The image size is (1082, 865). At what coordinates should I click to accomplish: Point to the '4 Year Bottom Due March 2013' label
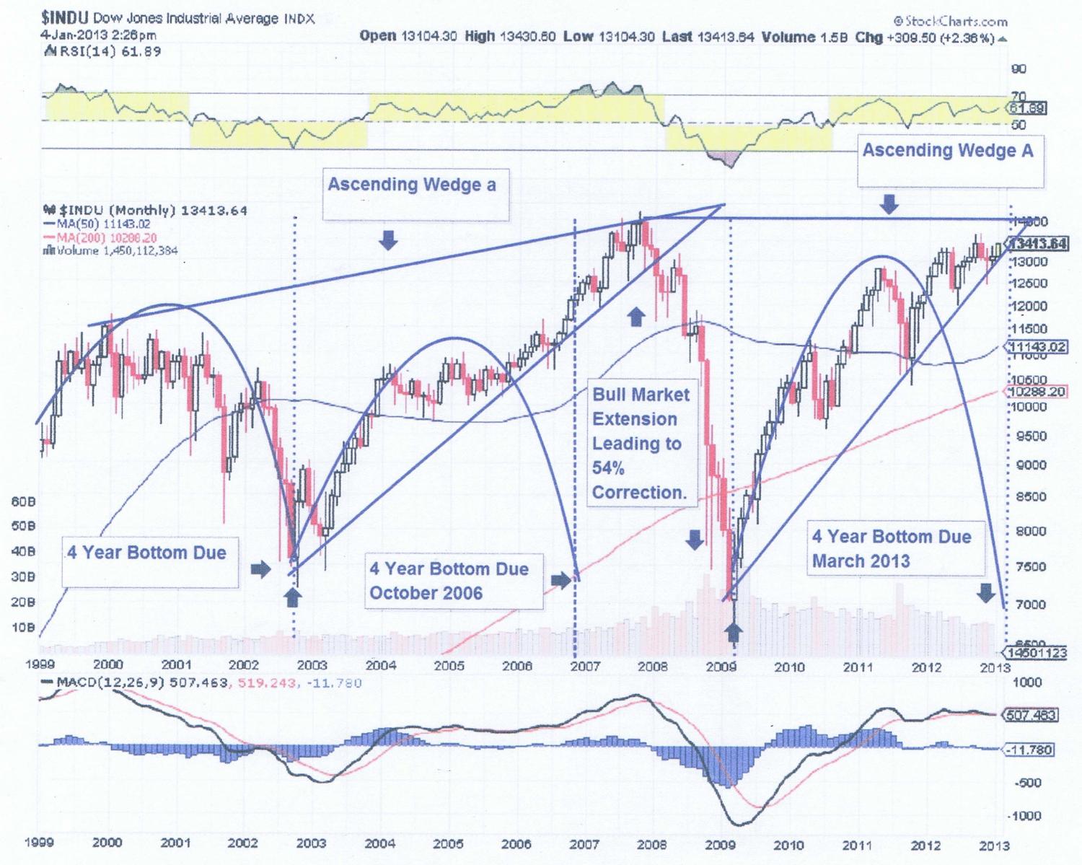892,548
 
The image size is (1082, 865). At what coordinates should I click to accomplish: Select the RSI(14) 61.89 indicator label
103,51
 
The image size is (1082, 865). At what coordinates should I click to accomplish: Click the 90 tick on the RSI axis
1019,69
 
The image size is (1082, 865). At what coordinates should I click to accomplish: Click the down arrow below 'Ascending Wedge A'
889,205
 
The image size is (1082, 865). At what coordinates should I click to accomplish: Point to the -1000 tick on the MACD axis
1027,816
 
